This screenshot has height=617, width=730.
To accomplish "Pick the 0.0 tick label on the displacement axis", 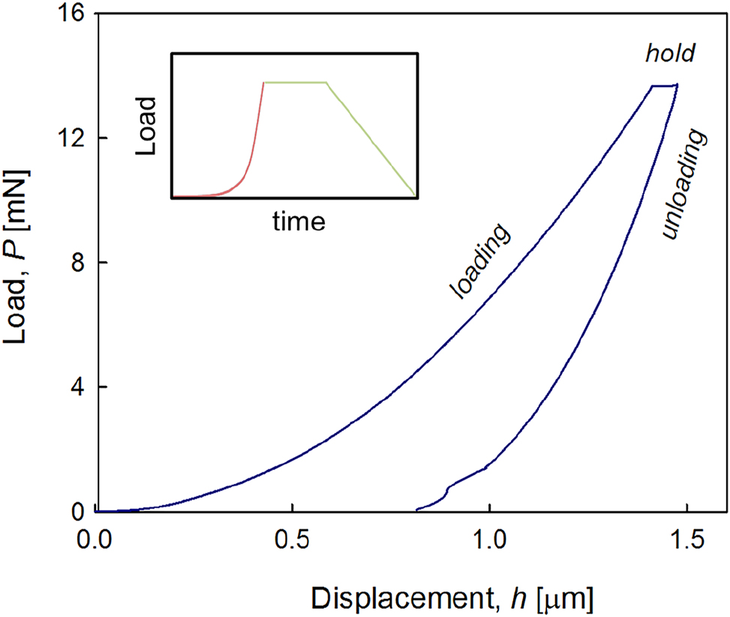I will [96, 540].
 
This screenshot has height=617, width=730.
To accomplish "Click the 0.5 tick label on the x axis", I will [293, 540].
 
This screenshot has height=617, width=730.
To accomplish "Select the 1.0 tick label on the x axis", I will [489, 540].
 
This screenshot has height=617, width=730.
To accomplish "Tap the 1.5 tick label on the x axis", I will [686, 540].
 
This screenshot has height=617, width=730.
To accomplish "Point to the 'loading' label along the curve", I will [480, 262].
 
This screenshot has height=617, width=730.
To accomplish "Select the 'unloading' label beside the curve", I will [685, 185].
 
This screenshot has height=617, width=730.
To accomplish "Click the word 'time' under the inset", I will [299, 221].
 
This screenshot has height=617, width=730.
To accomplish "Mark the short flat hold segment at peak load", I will [663, 86].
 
